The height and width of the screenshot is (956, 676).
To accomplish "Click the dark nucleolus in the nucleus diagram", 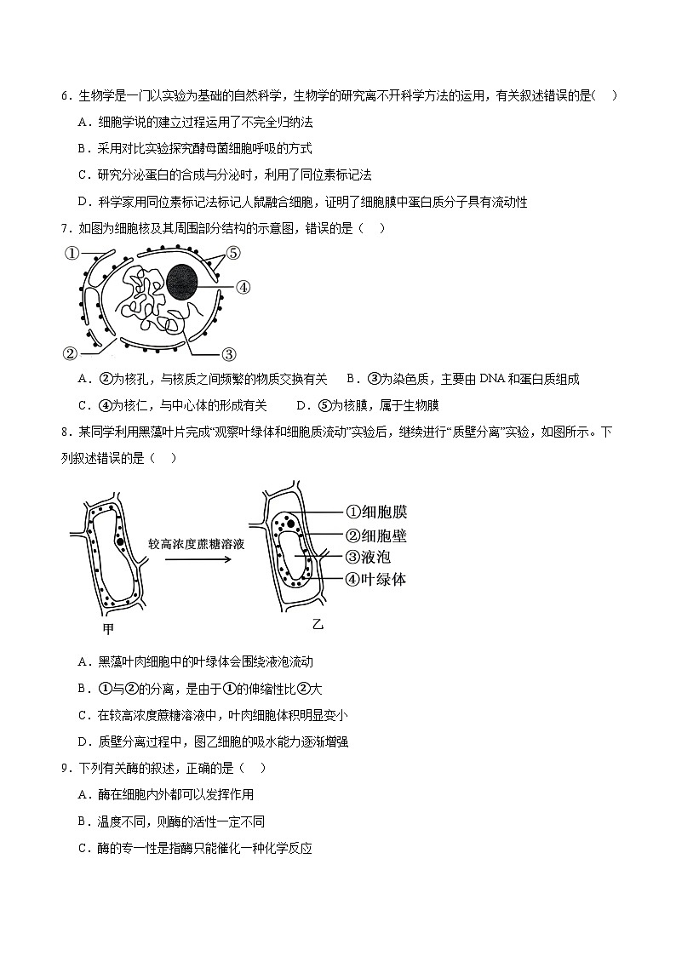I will pyautogui.click(x=186, y=281).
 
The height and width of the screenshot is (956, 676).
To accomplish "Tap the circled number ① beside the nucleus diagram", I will pyautogui.click(x=72, y=253).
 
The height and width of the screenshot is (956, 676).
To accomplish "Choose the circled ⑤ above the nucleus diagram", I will pyautogui.click(x=233, y=253).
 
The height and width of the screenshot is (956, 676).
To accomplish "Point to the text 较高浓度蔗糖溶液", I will pyautogui.click(x=197, y=543).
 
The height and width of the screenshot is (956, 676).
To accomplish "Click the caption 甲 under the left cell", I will pyautogui.click(x=107, y=629).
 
